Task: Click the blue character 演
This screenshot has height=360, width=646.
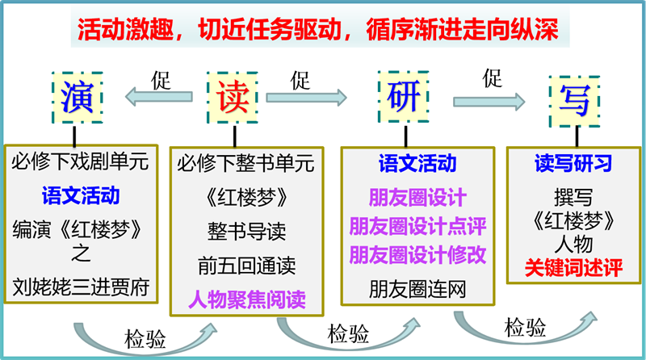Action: click(x=77, y=97)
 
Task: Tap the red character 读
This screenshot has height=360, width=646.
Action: click(x=233, y=97)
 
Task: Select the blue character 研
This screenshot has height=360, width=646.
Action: click(x=404, y=96)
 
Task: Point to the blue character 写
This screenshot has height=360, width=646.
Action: click(x=574, y=101)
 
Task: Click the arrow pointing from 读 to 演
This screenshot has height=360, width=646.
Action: click(x=158, y=97)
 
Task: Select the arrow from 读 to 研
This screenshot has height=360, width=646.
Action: click(x=307, y=98)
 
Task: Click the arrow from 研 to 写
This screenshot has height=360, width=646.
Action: click(x=489, y=102)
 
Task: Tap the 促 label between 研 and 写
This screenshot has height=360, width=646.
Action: click(x=493, y=78)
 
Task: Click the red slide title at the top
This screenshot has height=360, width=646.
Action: click(x=317, y=30)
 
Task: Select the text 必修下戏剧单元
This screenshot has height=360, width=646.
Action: click(x=79, y=161)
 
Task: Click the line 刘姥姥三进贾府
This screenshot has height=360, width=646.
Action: click(x=81, y=287)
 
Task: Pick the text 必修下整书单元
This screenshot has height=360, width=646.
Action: click(x=246, y=163)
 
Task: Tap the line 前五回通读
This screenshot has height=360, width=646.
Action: click(x=246, y=266)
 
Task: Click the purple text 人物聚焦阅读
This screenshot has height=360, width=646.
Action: click(x=247, y=299)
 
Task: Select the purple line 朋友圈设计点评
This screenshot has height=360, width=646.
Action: click(x=417, y=226)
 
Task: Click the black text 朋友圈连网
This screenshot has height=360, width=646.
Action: click(x=417, y=289)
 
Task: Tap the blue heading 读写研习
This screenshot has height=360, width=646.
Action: click(x=573, y=163)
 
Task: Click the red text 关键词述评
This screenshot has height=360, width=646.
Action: click(x=573, y=268)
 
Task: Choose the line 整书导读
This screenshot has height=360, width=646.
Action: click(x=246, y=231)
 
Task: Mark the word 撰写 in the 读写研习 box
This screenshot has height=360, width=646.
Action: click(x=573, y=198)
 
